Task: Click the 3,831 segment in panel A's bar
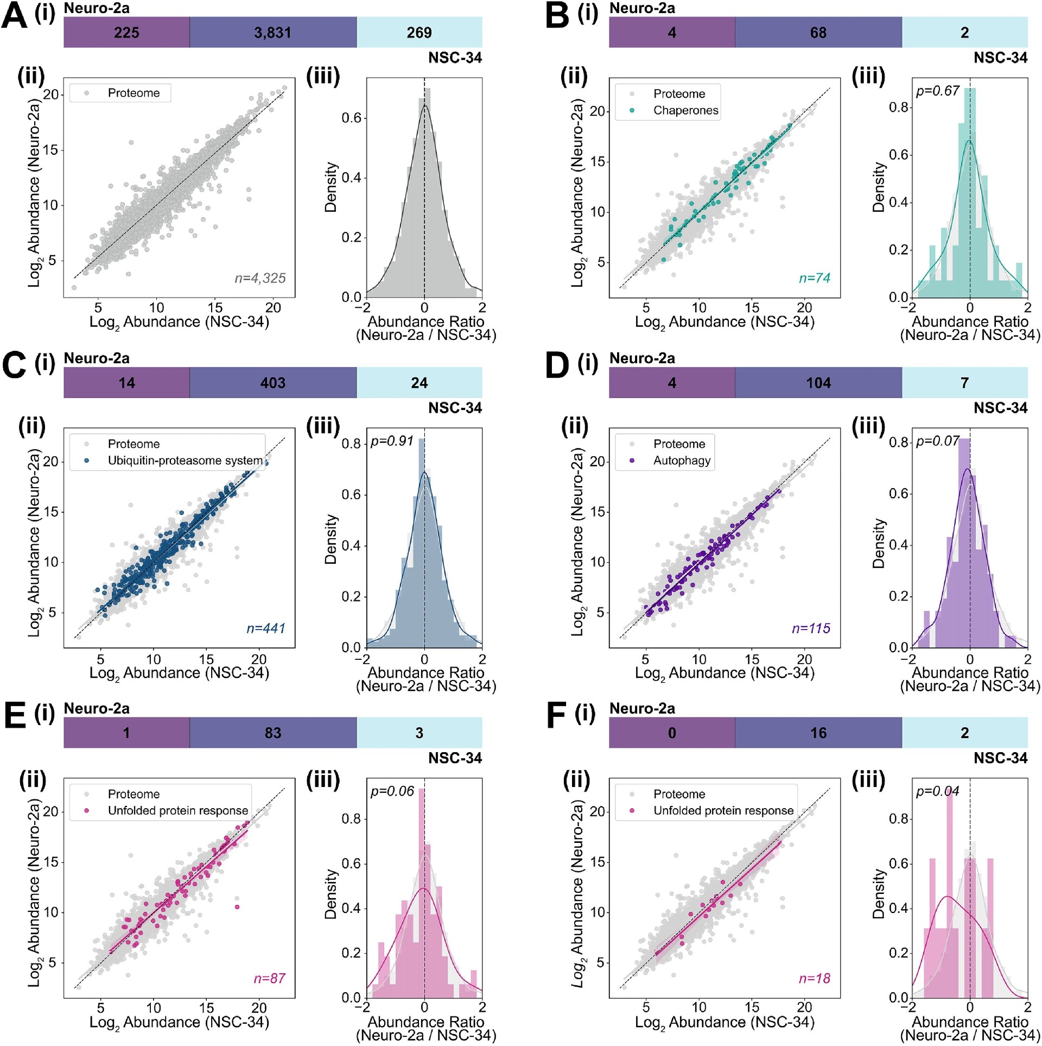point(272,33)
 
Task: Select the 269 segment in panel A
point(419,33)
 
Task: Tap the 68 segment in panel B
point(818,33)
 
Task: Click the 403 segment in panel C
point(272,383)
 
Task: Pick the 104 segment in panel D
point(818,383)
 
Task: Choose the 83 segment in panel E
point(272,733)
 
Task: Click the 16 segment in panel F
point(818,733)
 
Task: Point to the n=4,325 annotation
point(260,278)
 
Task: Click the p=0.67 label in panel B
point(938,91)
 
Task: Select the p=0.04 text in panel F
point(938,791)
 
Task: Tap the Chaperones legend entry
point(685,111)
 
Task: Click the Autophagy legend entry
point(681,461)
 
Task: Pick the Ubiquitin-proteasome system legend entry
point(185,461)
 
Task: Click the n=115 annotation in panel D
point(811,628)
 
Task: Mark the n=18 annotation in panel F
point(814,978)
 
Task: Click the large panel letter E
point(15,715)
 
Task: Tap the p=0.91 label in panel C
point(392,441)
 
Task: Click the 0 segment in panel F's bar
point(671,733)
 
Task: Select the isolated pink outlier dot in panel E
point(237,907)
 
